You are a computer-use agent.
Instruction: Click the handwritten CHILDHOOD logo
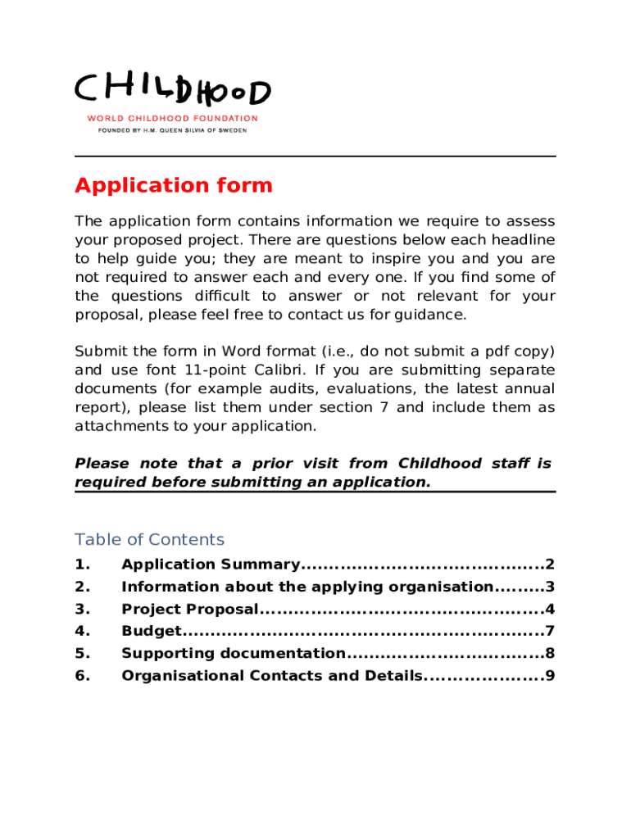[172, 91]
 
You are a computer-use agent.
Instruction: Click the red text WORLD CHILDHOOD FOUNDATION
[172, 118]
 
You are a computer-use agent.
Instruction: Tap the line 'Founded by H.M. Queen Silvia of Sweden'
[172, 129]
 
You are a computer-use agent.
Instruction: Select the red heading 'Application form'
[173, 185]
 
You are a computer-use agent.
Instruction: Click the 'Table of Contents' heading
[149, 539]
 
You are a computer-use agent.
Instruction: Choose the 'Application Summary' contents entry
[211, 565]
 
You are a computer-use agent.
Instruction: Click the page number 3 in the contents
[551, 587]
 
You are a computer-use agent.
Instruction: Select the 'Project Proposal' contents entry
[190, 609]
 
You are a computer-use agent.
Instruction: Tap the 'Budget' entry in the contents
[150, 631]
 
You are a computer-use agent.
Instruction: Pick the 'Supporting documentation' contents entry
[233, 653]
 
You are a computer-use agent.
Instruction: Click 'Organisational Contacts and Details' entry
[272, 676]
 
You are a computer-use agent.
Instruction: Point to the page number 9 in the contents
[551, 676]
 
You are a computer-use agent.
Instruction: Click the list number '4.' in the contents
[81, 631]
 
